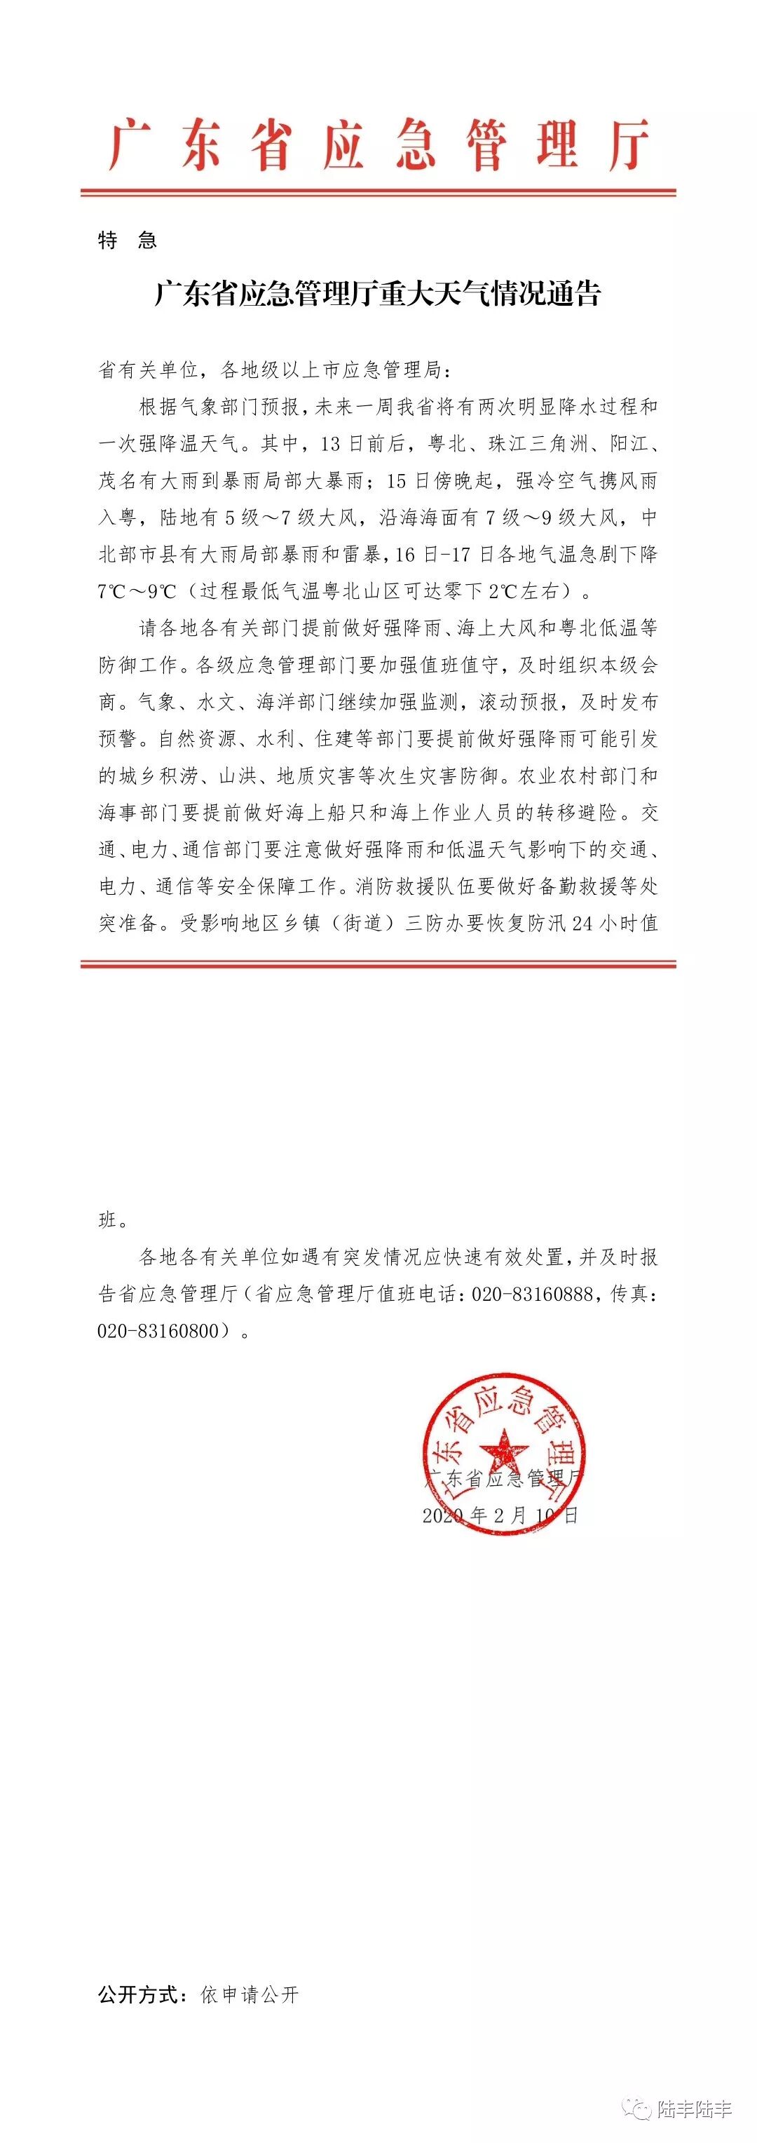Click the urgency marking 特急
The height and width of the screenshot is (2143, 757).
coord(128,241)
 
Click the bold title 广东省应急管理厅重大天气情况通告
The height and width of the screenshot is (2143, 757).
coord(378,294)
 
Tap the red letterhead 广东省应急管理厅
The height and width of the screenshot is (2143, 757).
coord(378,146)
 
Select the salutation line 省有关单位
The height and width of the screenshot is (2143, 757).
coord(149,370)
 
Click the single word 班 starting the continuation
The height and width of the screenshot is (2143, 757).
coord(108,1220)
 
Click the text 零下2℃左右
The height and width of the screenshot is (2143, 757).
coord(503,591)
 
